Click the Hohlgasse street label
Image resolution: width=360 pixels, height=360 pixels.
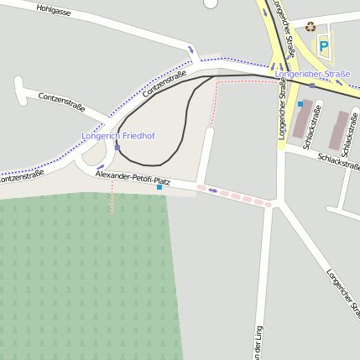55,11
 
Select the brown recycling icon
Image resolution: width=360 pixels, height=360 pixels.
310,27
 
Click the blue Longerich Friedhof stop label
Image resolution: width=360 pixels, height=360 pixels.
118,135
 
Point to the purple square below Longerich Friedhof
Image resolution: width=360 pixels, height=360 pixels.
117,148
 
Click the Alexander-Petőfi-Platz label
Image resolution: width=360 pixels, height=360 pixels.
133,179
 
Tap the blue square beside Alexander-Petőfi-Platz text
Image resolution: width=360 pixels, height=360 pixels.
159,187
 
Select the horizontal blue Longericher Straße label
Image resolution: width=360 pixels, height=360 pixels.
312,74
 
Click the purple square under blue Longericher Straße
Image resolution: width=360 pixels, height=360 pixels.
311,86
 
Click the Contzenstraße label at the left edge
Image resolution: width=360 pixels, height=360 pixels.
20,178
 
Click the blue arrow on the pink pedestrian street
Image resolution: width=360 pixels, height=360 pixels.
213,190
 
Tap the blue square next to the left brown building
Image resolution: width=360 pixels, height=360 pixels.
300,103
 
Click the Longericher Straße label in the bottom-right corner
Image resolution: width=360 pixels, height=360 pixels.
342,293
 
